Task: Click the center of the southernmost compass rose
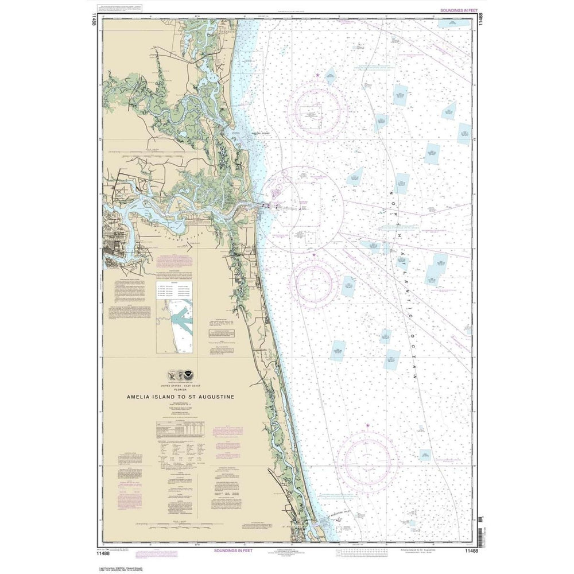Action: pyautogui.click(x=367, y=460)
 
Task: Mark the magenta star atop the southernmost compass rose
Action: pyautogui.click(x=367, y=426)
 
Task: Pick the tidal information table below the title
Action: pyautogui.click(x=180, y=431)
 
